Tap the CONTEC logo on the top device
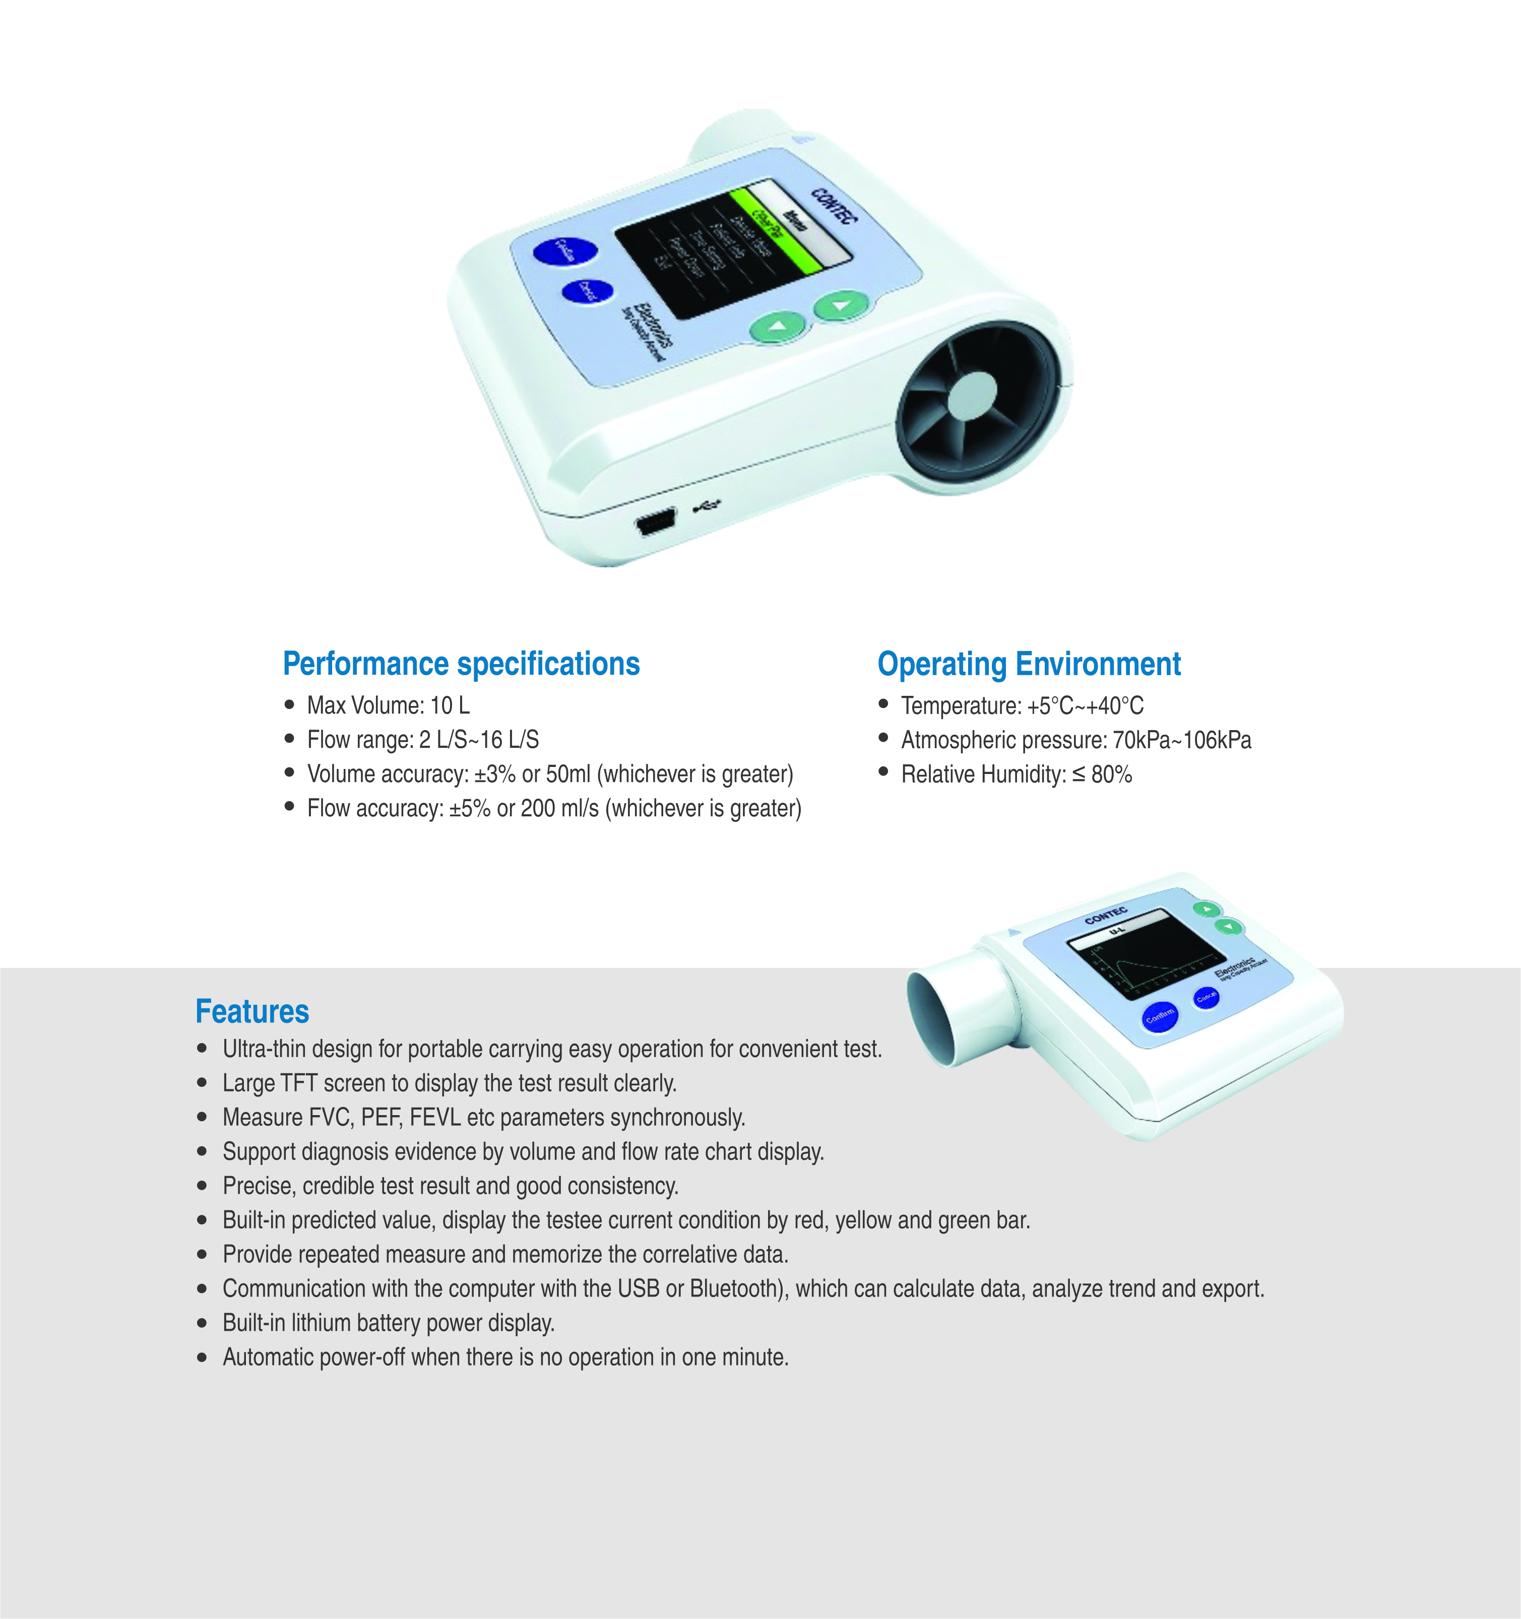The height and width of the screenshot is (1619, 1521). (834, 207)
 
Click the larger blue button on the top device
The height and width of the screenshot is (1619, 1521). (564, 251)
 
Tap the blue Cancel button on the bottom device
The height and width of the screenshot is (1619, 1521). (1206, 997)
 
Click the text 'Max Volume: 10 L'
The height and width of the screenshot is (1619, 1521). (388, 705)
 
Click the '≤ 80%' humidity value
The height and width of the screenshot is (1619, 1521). (1102, 774)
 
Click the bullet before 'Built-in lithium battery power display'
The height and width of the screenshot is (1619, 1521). (202, 1323)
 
